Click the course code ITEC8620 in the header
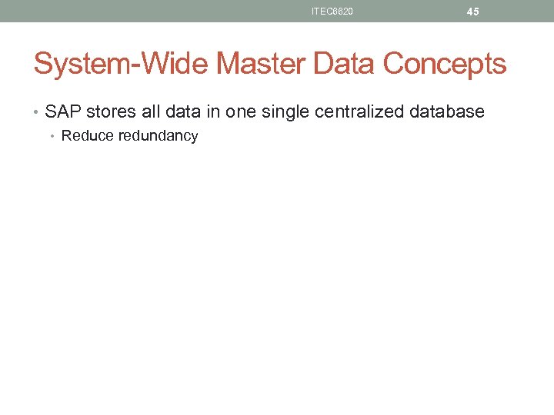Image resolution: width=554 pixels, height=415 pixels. (332, 12)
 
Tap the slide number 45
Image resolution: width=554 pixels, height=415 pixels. (472, 12)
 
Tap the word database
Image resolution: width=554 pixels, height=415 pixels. (449, 111)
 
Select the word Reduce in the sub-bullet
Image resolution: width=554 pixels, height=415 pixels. (87, 136)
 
